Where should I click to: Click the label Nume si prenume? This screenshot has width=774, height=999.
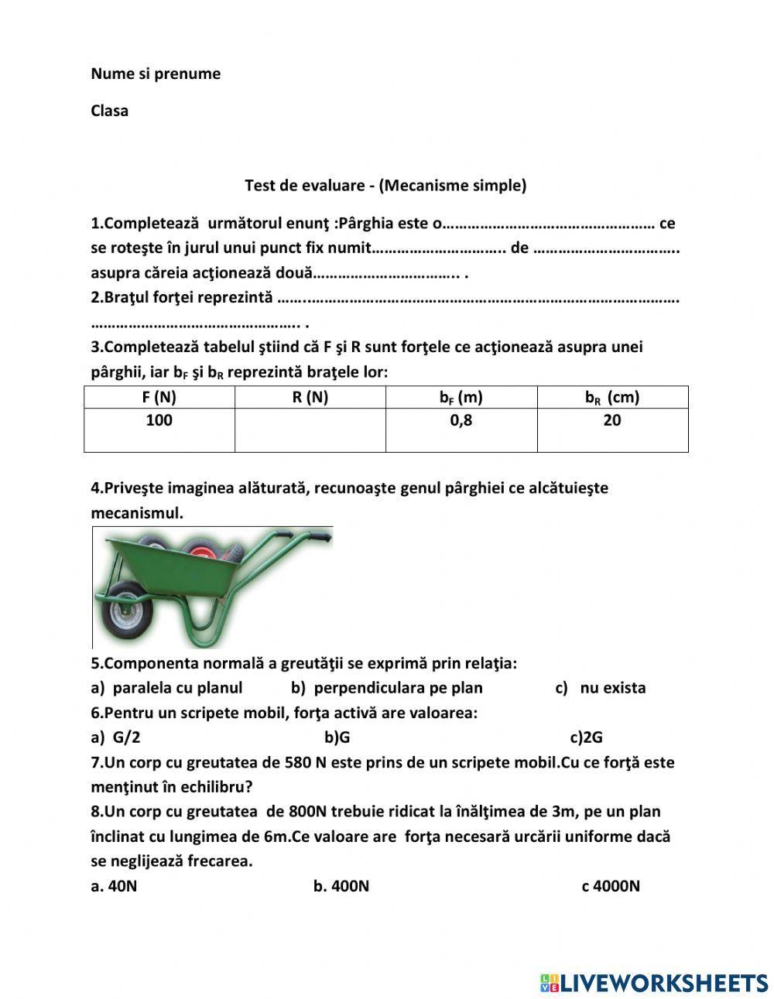156,74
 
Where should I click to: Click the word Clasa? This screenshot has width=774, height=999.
110,111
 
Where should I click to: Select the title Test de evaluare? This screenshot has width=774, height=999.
385,186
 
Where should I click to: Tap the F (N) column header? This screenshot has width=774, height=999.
159,398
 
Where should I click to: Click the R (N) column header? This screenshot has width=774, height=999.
310,398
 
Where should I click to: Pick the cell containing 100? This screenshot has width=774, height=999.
159,421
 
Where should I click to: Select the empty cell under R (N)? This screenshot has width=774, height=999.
310,429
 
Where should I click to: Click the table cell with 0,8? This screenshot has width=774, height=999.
461,421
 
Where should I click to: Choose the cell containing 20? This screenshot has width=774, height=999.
612,421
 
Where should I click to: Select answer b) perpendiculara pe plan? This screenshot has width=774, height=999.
387,688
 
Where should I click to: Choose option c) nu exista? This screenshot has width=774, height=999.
601,688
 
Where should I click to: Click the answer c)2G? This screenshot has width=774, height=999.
586,737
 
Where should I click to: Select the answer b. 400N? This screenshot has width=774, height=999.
341,886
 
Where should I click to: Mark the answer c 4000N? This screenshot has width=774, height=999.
611,886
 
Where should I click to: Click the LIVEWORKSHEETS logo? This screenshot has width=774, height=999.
655,983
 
